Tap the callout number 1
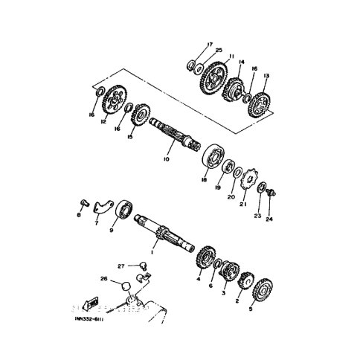(x=152, y=252)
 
